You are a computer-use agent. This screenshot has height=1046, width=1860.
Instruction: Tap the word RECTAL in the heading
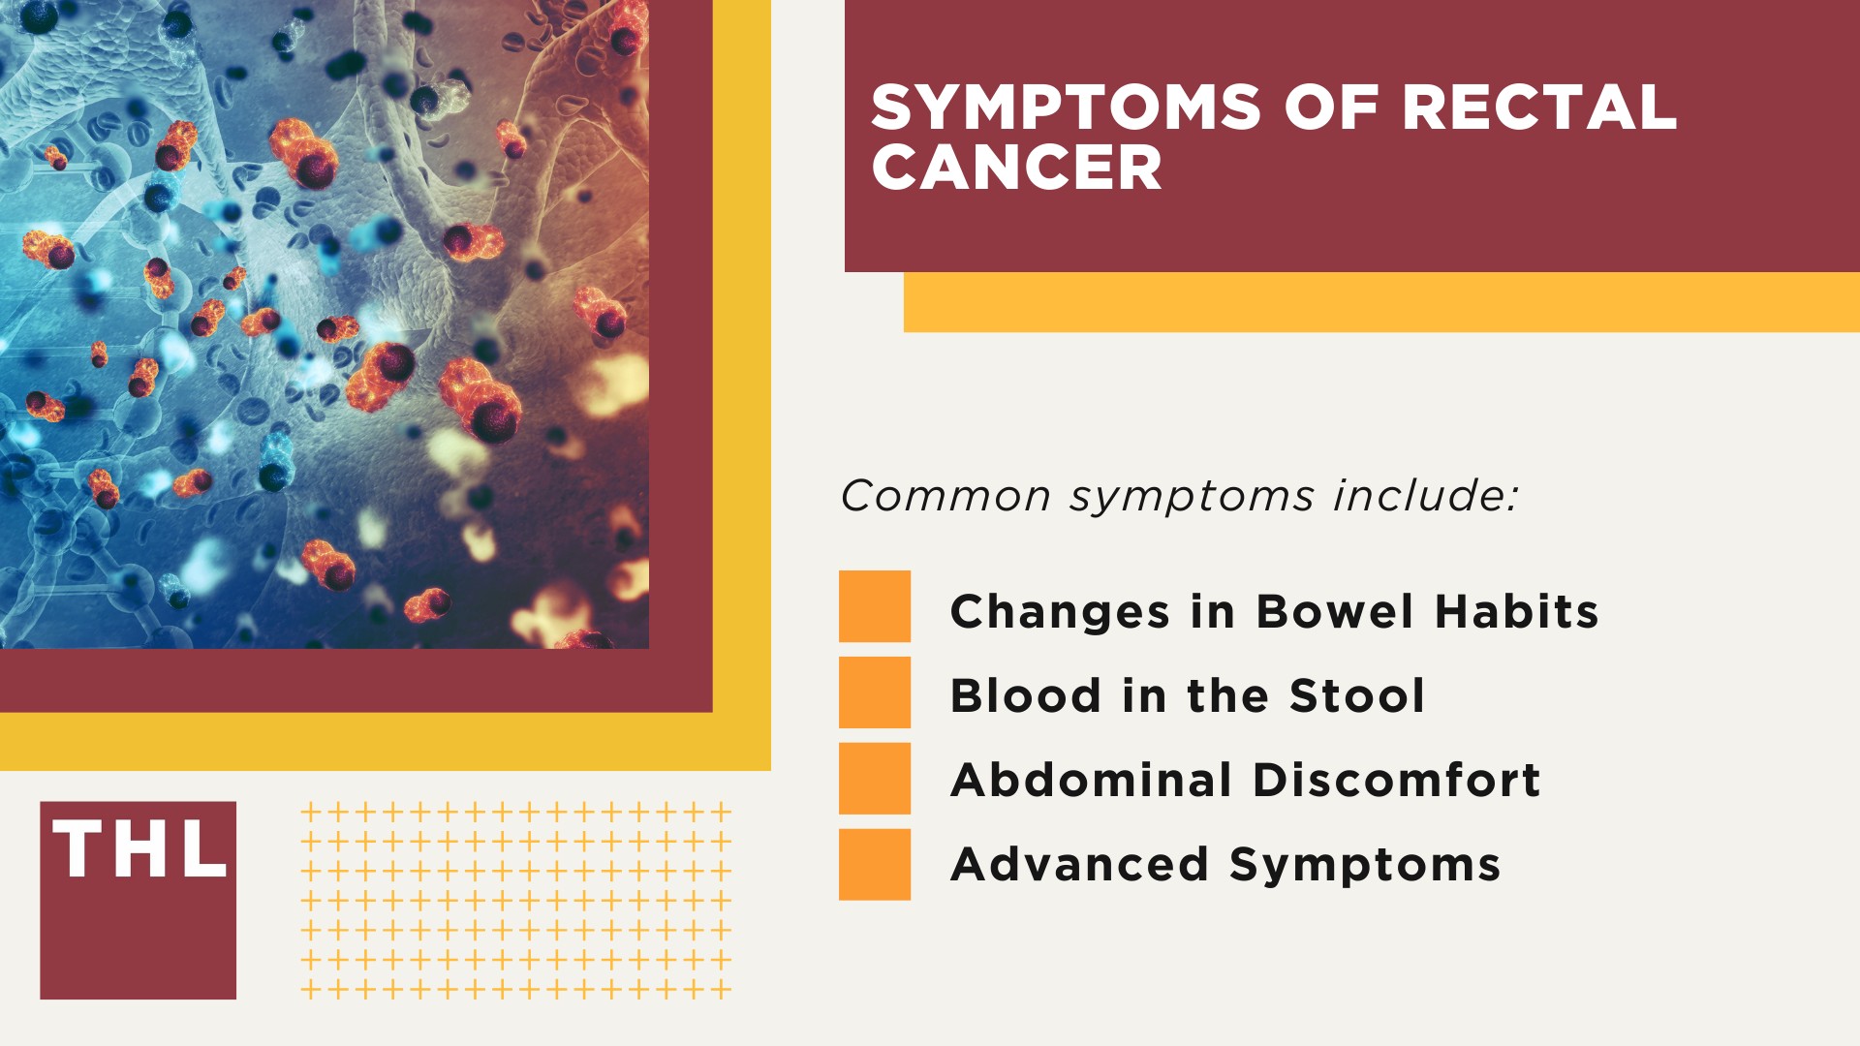click(1539, 108)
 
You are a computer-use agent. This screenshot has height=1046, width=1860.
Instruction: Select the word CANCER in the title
click(1016, 169)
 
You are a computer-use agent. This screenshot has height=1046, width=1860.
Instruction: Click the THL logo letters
click(139, 850)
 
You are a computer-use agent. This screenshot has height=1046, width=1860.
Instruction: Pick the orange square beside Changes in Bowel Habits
click(875, 606)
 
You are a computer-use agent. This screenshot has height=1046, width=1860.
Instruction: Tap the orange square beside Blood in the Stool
click(875, 692)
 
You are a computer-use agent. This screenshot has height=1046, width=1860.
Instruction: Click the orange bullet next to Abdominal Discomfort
click(875, 778)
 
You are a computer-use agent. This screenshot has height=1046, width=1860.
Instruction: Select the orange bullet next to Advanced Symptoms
click(875, 864)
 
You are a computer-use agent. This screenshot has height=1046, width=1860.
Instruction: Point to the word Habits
click(1516, 612)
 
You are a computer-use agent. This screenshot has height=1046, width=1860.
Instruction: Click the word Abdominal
click(1091, 781)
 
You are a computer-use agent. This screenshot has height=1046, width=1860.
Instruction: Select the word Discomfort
click(1396, 781)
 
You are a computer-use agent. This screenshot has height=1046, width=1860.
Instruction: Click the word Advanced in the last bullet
click(1079, 865)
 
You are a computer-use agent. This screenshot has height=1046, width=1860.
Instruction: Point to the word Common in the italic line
click(945, 497)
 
